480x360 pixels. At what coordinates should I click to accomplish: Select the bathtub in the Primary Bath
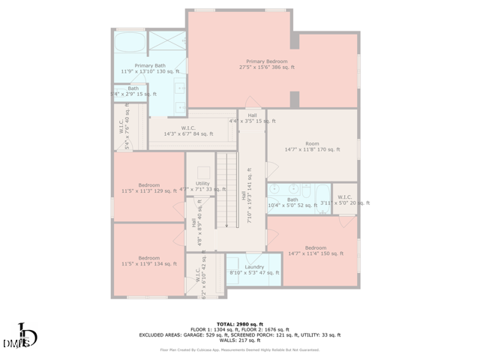pos(130,41)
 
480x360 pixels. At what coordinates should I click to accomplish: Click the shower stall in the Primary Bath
pos(166,41)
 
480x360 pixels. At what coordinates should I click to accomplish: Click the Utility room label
pos(202,184)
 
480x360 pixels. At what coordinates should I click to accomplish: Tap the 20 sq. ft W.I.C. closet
pos(344,198)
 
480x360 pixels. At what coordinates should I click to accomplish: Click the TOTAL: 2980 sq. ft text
pos(239,323)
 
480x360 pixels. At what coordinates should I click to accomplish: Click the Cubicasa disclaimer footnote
pos(239,349)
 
